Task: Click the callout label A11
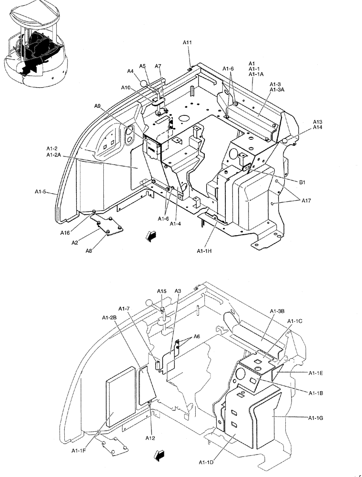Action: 187,43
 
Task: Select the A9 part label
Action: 98,106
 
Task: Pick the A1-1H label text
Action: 206,251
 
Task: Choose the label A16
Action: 66,233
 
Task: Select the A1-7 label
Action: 124,308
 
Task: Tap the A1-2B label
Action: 109,318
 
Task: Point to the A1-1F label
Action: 80,450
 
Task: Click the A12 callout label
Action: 151,438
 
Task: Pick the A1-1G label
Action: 316,417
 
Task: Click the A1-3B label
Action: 277,311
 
